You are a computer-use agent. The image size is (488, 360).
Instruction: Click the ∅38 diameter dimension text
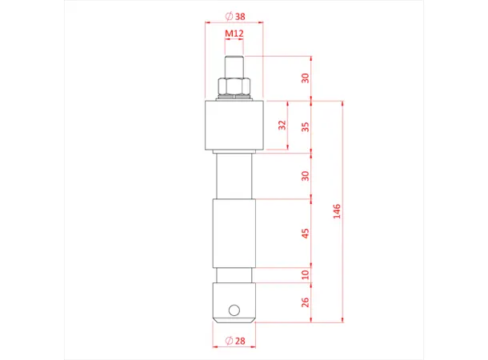click(234, 16)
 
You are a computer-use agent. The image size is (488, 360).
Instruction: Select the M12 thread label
click(234, 34)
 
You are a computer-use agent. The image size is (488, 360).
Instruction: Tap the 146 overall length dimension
click(337, 212)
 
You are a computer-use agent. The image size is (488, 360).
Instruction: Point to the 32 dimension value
click(281, 126)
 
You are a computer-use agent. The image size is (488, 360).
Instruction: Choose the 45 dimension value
click(305, 233)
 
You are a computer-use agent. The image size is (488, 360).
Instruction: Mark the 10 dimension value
click(305, 274)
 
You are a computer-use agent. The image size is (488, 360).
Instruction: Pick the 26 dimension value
click(305, 302)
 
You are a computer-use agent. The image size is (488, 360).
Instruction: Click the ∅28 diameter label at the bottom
click(235, 342)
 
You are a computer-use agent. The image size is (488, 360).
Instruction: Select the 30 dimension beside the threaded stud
click(305, 78)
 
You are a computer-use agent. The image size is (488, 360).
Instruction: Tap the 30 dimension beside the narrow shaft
click(305, 175)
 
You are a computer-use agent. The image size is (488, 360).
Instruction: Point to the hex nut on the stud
click(234, 86)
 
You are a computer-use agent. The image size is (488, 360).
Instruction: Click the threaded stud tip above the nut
click(234, 66)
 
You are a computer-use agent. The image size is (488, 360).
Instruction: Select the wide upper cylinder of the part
click(234, 126)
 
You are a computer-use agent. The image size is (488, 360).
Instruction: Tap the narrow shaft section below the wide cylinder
click(234, 176)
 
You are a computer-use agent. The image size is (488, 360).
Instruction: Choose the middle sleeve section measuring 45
click(234, 234)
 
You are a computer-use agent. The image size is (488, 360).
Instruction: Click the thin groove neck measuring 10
click(234, 274)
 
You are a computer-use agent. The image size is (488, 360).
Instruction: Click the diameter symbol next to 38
click(228, 16)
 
